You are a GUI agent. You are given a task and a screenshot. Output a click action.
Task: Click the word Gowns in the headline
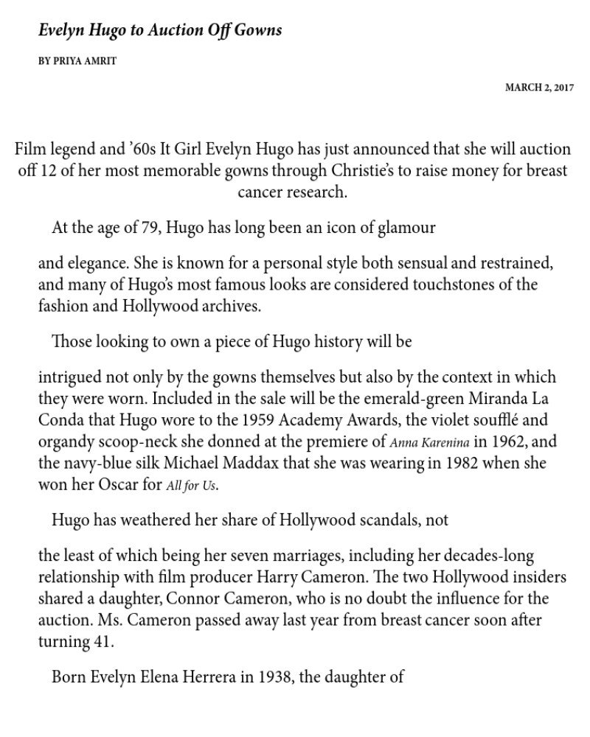click(257, 31)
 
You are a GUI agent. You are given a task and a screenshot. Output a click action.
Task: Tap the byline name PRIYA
click(67, 61)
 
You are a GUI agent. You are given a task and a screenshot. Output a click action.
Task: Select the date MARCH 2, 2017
click(539, 88)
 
